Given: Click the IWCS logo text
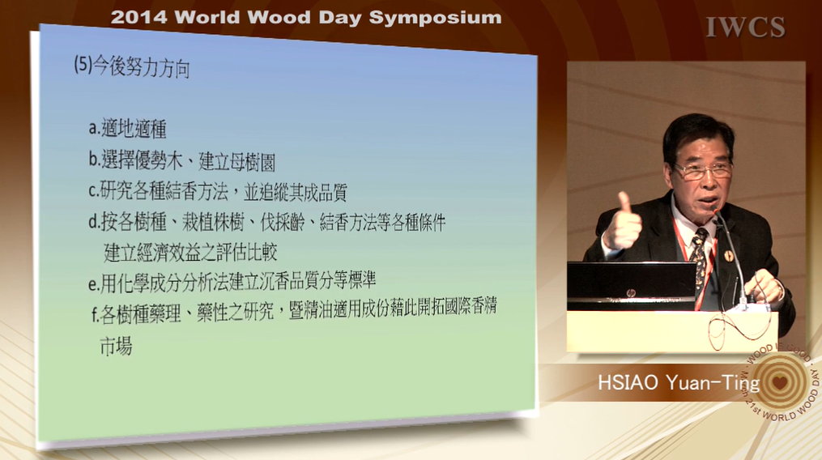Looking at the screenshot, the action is (745, 28).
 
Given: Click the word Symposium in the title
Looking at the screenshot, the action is (435, 18).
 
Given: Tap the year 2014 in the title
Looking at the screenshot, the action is (139, 17).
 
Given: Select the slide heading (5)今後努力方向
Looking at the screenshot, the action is (131, 66).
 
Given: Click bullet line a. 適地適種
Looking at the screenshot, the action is (127, 128).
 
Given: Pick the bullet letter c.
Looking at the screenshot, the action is (93, 191).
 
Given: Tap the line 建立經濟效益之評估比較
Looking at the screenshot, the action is (190, 253).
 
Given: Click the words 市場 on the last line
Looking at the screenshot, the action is (116, 347).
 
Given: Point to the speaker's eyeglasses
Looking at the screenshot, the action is (702, 171).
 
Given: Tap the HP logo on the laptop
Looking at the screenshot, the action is (631, 293).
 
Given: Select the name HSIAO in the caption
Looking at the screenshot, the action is (628, 383).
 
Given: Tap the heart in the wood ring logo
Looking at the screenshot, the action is (780, 382).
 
